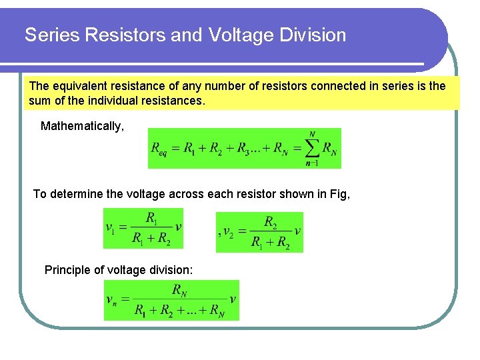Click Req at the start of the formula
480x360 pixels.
pyautogui.click(x=161, y=149)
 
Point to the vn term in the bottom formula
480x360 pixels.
pyautogui.click(x=111, y=299)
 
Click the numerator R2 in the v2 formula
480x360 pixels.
pyautogui.click(x=271, y=222)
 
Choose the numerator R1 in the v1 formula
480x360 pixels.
pyautogui.click(x=153, y=218)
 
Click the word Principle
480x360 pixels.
pyautogui.click(x=66, y=270)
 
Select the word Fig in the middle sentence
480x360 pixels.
pyautogui.click(x=339, y=194)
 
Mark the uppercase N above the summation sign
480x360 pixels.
pyautogui.click(x=313, y=134)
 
